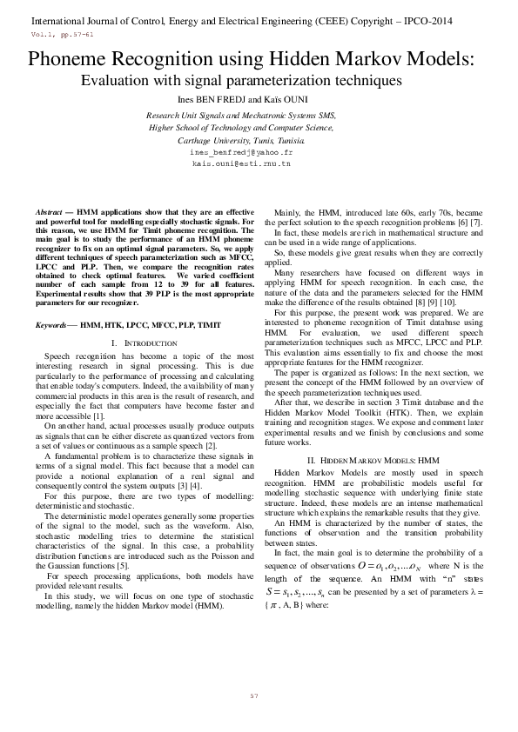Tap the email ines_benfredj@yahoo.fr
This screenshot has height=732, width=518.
pos(241,151)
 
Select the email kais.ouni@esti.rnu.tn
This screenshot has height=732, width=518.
pos(241,163)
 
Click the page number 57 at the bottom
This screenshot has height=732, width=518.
pos(254,696)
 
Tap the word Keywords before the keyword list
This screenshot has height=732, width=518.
pos(52,324)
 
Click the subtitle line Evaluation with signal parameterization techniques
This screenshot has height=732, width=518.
pos(241,81)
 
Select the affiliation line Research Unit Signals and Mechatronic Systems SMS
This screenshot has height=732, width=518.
pos(241,115)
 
